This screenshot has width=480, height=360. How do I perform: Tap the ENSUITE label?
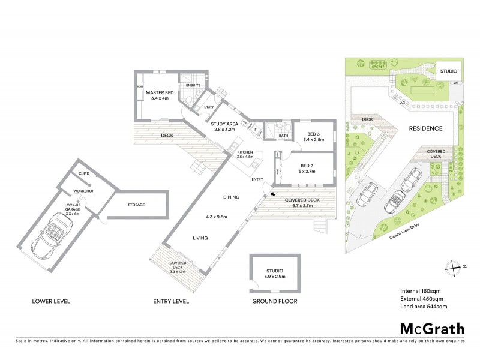point(192,85)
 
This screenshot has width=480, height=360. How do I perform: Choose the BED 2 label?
point(306,165)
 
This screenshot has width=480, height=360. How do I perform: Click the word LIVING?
point(200,238)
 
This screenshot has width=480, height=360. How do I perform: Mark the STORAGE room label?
point(136,205)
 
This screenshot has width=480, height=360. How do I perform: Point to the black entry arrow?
point(274,194)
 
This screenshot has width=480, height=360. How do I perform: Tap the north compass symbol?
point(449,268)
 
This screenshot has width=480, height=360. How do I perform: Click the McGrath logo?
point(431,328)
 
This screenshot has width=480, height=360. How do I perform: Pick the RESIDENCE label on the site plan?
point(425,128)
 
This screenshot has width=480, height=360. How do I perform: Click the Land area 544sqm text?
point(424,307)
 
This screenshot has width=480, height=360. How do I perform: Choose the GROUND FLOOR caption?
point(274,301)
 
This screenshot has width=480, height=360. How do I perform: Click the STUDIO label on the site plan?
point(448,71)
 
